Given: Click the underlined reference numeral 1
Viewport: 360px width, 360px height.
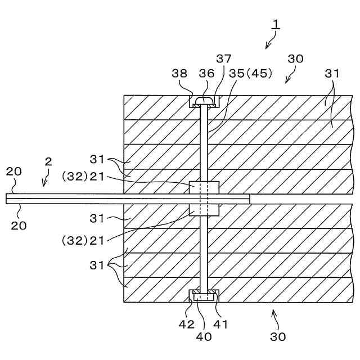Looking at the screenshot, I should tap(276, 24).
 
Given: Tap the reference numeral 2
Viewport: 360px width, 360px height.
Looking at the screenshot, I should tap(48, 161).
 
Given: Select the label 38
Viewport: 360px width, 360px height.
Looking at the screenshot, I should tap(180, 73).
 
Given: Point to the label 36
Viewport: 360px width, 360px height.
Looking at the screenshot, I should tap(206, 73).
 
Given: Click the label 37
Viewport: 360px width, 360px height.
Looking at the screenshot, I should tap(224, 58).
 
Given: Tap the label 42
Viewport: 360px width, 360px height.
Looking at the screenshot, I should tap(187, 324).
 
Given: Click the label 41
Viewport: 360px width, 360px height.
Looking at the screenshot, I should tap(221, 324).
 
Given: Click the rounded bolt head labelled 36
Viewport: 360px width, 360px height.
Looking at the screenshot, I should tap(205, 101).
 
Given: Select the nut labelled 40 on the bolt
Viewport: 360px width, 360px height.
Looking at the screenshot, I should tap(204, 295).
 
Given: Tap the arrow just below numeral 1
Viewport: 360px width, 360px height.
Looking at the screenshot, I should tap(270, 40).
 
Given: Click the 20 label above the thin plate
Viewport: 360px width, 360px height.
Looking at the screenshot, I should tap(13, 171).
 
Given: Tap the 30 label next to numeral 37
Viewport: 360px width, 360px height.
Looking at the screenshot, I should tap(295, 58).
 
